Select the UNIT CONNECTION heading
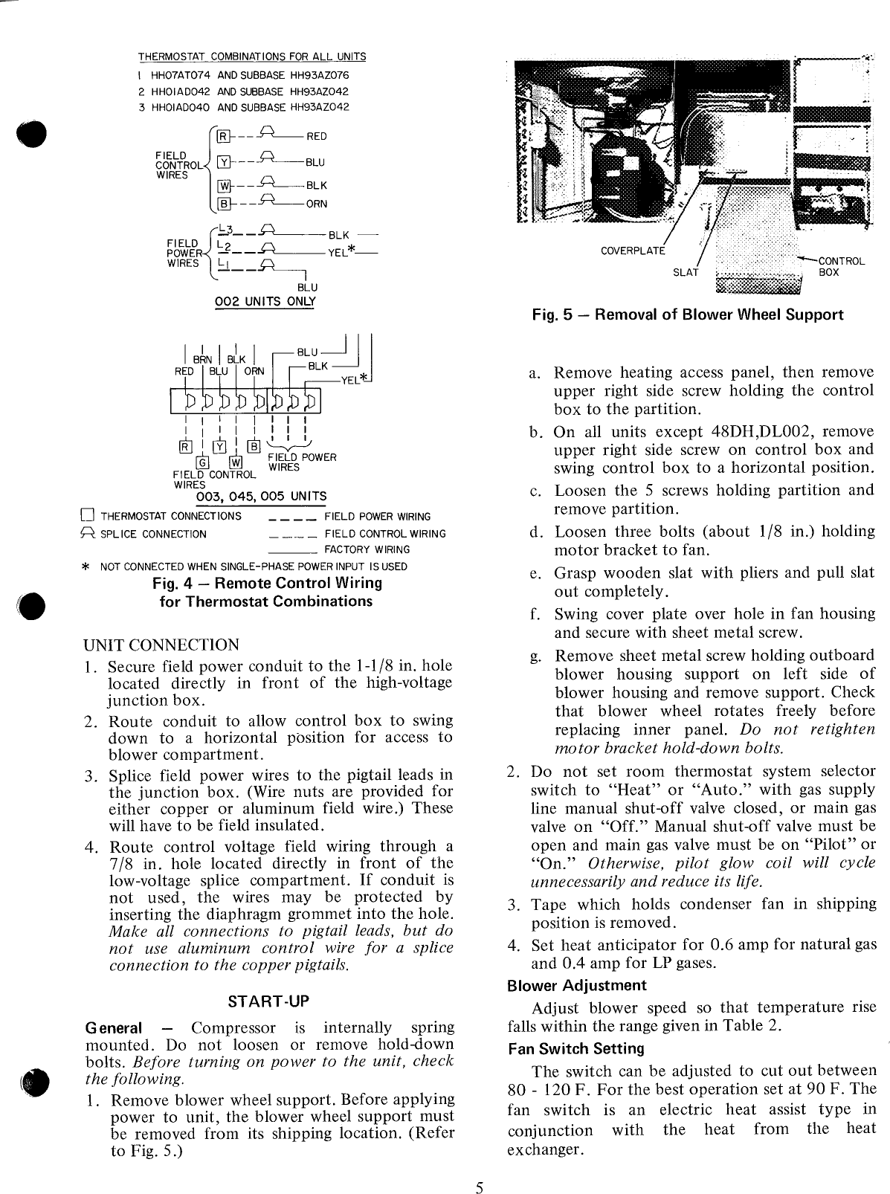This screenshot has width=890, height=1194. [161, 645]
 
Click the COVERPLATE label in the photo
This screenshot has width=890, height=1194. [633, 251]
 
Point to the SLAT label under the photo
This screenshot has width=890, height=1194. [686, 272]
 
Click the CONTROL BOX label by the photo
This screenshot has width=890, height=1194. [840, 267]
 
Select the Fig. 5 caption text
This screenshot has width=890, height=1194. [688, 314]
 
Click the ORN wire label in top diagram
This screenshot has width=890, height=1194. [317, 204]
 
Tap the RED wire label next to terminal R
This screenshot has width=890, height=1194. [317, 137]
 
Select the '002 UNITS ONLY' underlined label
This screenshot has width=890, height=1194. [265, 302]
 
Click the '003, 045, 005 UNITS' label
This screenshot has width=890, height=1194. [260, 497]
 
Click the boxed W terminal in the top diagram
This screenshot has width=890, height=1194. [221, 186]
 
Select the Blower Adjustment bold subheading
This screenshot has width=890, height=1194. [576, 986]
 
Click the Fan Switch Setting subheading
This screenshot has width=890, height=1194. [575, 1049]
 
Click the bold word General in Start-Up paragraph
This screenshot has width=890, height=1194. [114, 1028]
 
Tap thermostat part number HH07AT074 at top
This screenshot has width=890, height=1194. [181, 75]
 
